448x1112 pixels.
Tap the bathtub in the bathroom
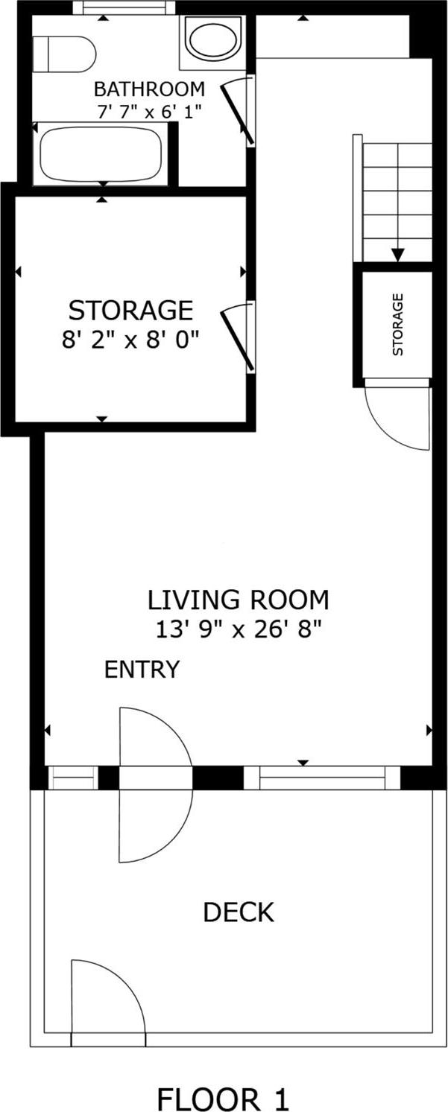point(101,153)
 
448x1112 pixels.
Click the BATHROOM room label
point(149,89)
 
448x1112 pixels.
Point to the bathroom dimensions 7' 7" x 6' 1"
point(149,110)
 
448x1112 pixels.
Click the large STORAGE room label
point(131,309)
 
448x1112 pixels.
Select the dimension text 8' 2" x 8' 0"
point(131,340)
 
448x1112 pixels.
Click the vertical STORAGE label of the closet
point(397,324)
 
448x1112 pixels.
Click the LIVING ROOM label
point(238,599)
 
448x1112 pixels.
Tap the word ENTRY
point(142,670)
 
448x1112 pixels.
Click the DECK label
point(239,912)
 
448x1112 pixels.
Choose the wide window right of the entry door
point(322,778)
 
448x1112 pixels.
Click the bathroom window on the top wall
point(125,8)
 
